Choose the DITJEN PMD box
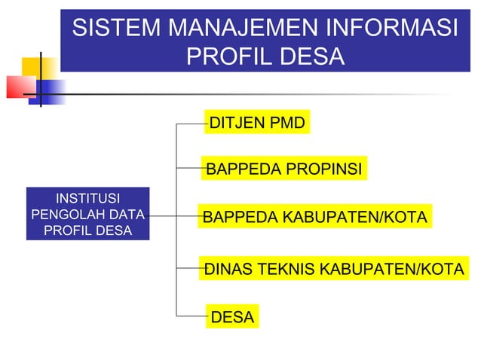pyautogui.click(x=257, y=123)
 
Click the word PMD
pyautogui.click(x=285, y=123)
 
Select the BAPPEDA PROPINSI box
pyautogui.click(x=284, y=169)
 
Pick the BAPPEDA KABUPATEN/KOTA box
pyautogui.click(x=314, y=218)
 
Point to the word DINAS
pyautogui.click(x=228, y=267)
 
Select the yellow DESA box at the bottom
pyautogui.click(x=232, y=318)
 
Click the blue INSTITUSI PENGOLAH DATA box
pyautogui.click(x=87, y=214)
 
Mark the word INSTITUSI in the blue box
pyautogui.click(x=87, y=199)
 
